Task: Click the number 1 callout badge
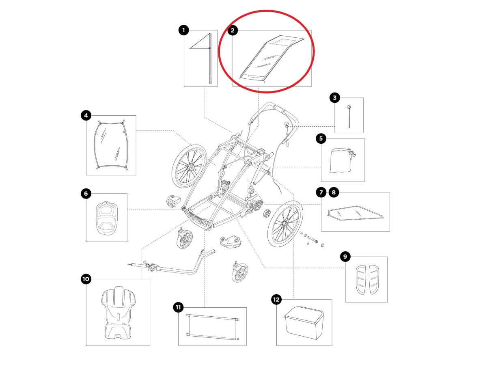tap(184, 30)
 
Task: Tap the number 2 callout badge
tap(233, 30)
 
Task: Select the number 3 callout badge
tap(334, 97)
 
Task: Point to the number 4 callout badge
tap(86, 116)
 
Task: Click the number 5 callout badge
tap(321, 138)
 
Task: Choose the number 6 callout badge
tap(86, 194)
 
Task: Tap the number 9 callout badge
tap(345, 256)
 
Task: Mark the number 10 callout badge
tap(86, 279)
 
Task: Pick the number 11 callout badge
tap(178, 307)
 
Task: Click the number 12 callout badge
tap(276, 300)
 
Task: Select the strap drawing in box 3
tap(349, 116)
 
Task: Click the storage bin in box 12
tap(304, 322)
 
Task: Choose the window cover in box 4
tap(111, 146)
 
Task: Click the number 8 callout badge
tap(334, 192)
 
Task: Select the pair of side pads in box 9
tap(366, 279)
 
